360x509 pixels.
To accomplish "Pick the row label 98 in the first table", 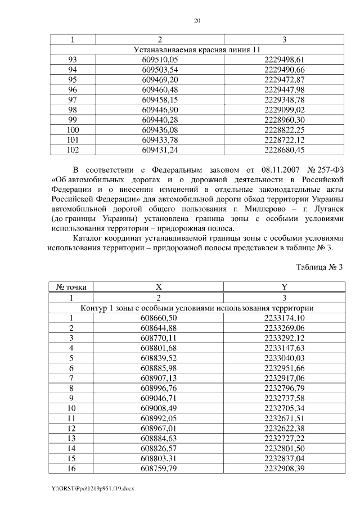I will [72, 110].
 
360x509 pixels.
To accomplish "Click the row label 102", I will [72, 150].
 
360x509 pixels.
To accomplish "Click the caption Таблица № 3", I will [319, 267].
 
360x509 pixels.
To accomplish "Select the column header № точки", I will [72, 287].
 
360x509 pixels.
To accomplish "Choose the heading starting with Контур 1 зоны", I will [197, 308].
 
